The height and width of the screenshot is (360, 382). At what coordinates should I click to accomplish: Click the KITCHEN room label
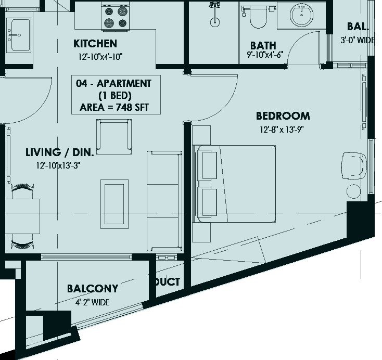click(x=95, y=44)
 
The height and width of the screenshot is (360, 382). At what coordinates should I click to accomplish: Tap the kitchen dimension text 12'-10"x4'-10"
click(x=100, y=57)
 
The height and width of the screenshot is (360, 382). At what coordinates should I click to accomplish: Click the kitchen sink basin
click(x=20, y=35)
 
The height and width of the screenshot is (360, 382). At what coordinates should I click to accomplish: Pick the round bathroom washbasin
click(x=302, y=15)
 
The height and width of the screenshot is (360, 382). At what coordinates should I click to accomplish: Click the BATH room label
click(x=263, y=46)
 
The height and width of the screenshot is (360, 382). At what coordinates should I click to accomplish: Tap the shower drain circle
click(x=214, y=22)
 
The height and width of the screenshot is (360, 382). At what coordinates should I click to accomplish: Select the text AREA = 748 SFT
click(x=114, y=107)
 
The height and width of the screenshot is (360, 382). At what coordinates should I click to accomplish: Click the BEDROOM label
click(x=283, y=116)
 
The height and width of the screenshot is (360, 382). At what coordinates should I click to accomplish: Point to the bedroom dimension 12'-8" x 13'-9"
click(x=282, y=130)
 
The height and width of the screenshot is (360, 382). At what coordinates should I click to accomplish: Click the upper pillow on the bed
click(x=207, y=165)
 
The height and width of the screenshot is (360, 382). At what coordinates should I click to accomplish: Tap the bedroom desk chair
click(x=354, y=166)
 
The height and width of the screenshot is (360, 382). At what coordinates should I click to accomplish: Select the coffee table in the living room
click(x=114, y=204)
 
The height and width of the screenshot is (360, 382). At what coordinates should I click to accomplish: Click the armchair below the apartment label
click(x=114, y=137)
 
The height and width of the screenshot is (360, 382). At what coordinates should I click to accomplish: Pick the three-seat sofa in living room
click(x=164, y=201)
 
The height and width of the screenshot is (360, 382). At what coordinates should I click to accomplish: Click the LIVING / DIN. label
click(x=60, y=152)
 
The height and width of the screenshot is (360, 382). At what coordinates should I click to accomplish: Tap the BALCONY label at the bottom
click(x=93, y=289)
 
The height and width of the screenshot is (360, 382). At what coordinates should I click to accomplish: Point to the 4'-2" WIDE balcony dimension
click(x=92, y=303)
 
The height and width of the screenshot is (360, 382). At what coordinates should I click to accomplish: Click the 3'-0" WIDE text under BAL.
click(x=358, y=40)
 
